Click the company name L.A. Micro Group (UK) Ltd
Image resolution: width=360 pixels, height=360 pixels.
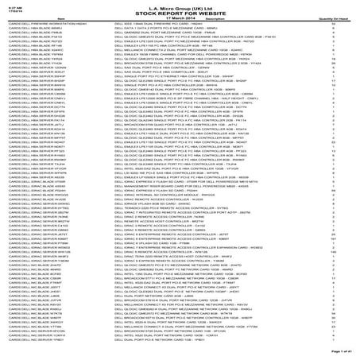tap(180, 6)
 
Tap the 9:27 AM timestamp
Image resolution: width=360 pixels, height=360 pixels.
tap(10, 5)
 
